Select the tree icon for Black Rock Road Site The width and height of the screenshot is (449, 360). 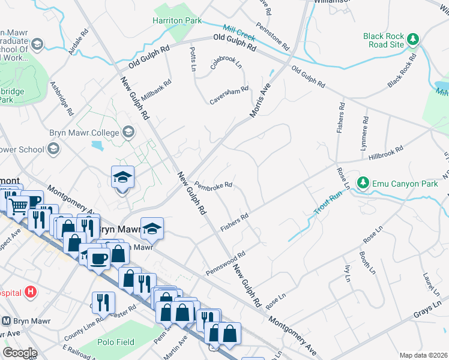tap(413, 40)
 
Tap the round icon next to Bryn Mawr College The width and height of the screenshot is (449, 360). tap(128, 131)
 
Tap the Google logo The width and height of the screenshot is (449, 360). tap(20, 352)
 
